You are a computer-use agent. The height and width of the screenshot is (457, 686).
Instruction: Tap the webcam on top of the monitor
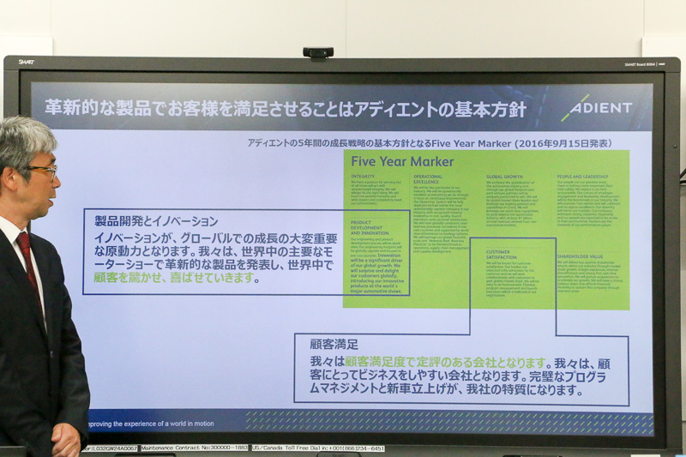(x=318, y=53)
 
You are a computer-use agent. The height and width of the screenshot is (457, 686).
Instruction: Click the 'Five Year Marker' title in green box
(x=402, y=161)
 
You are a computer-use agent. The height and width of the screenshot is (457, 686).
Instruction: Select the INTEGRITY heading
(x=363, y=177)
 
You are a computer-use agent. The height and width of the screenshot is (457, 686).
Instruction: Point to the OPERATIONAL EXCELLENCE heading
(x=428, y=179)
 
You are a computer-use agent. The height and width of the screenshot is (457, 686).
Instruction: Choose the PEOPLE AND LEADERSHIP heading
(x=587, y=177)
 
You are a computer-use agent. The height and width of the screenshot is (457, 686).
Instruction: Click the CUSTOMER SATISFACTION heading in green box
(x=504, y=255)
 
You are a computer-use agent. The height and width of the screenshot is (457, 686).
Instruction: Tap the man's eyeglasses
(x=43, y=170)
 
